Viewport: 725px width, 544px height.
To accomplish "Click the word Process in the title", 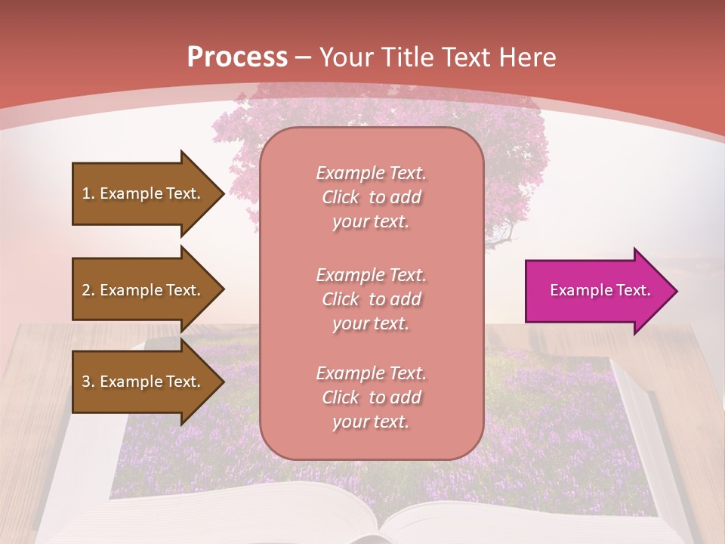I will [x=237, y=57].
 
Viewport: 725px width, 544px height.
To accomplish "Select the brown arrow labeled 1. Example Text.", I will [x=143, y=193].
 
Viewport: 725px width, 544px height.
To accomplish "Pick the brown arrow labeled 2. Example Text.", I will [x=143, y=290].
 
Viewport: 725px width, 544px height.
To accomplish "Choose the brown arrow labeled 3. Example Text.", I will [x=143, y=382].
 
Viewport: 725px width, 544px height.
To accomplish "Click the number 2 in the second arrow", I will [x=86, y=290].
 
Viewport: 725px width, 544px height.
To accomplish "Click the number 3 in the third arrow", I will [x=86, y=382].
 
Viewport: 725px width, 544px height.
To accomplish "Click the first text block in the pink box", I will [x=371, y=197].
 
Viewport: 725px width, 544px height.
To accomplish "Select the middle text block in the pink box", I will [x=371, y=299].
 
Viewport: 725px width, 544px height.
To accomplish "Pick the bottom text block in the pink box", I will [x=371, y=397].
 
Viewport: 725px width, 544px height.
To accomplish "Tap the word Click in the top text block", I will [x=340, y=197].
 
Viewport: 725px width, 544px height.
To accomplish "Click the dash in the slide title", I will [x=304, y=57].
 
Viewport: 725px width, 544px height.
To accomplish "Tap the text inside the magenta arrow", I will [x=600, y=290].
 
